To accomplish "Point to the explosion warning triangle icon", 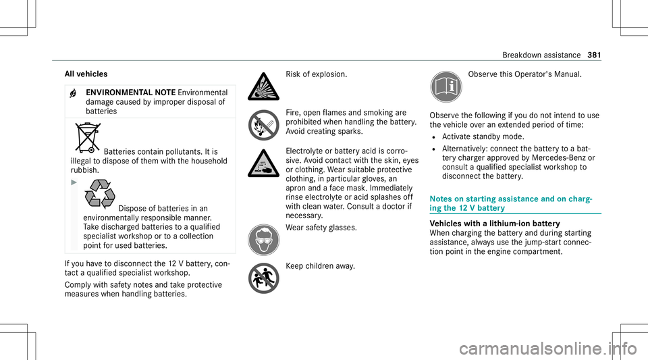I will (261, 82).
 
